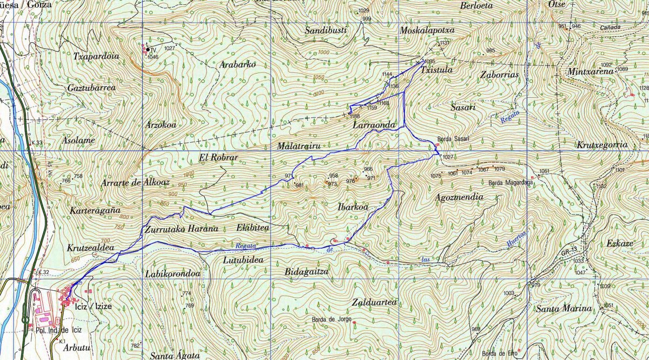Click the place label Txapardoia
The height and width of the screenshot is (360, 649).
click(x=96, y=56)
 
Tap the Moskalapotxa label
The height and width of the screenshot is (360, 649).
click(x=427, y=30)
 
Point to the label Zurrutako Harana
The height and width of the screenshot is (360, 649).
click(x=181, y=229)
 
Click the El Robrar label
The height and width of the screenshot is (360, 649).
click(x=218, y=157)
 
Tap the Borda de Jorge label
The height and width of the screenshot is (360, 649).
click(x=332, y=319)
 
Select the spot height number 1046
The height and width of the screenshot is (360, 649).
click(x=153, y=57)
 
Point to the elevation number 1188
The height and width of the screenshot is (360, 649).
click(x=355, y=116)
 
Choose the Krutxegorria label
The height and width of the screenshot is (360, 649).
click(x=601, y=145)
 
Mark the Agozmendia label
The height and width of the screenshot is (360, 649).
click(x=459, y=197)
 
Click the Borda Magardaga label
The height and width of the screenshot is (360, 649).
click(x=511, y=183)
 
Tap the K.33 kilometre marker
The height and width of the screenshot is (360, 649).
click(x=37, y=143)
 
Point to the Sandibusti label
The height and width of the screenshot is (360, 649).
click(x=325, y=30)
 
